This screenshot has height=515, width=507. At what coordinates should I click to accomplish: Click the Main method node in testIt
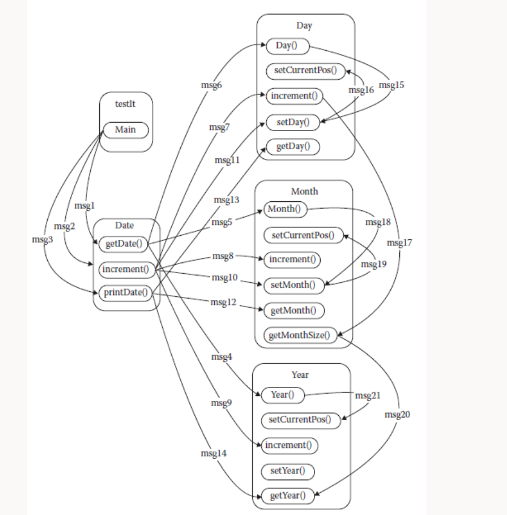tap(125, 130)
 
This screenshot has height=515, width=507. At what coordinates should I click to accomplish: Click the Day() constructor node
tap(287, 46)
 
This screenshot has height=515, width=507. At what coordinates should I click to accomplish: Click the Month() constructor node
tap(284, 209)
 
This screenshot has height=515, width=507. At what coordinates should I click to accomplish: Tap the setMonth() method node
tap(293, 284)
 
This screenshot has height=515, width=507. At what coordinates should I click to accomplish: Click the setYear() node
tap(287, 470)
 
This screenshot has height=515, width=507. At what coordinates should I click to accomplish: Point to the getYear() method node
tap(287, 496)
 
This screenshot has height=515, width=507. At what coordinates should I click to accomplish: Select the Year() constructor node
tap(282, 395)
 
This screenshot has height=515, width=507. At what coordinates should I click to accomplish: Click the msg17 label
tap(399, 243)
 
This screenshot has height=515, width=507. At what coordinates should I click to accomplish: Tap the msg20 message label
tap(397, 415)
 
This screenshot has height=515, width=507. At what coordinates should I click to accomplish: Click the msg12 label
tap(223, 302)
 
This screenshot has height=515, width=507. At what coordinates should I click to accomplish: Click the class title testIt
tap(125, 104)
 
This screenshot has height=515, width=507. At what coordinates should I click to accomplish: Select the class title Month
tap(304, 191)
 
